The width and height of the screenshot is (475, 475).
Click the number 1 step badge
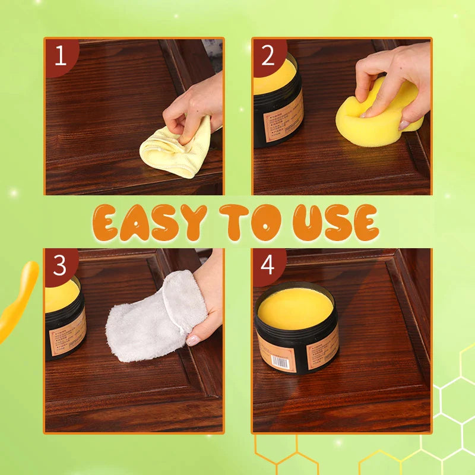click(x=60, y=56)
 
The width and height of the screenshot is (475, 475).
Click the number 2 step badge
click(x=268, y=56)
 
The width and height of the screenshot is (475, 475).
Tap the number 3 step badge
click(x=60, y=266)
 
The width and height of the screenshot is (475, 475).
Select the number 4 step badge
click(x=268, y=266)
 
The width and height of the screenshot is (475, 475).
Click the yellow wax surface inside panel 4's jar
click(x=296, y=308)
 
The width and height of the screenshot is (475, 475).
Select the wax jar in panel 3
click(x=64, y=321)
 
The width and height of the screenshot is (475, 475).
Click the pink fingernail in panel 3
click(x=194, y=340)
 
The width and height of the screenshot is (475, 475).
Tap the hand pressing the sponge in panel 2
click(x=392, y=77)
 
